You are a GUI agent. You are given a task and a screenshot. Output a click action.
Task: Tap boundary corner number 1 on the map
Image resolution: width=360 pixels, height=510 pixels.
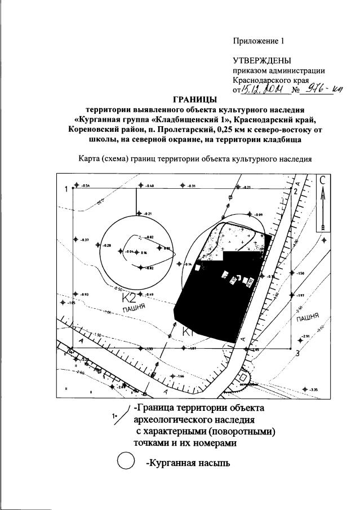[x=65, y=189]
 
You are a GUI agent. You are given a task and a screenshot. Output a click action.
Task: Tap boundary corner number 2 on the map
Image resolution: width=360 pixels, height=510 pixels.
[x=295, y=191]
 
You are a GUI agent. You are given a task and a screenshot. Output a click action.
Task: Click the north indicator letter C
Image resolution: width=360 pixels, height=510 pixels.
[x=323, y=181]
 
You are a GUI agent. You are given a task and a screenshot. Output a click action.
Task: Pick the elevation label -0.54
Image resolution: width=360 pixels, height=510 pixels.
[x=86, y=185]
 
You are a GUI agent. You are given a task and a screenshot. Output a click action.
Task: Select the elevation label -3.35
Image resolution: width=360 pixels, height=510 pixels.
[x=314, y=389]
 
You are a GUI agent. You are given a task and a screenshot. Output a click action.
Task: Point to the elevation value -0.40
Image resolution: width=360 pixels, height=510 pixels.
[x=150, y=185]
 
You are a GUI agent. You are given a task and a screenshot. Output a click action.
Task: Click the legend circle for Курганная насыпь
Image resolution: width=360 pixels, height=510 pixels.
[x=125, y=463]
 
